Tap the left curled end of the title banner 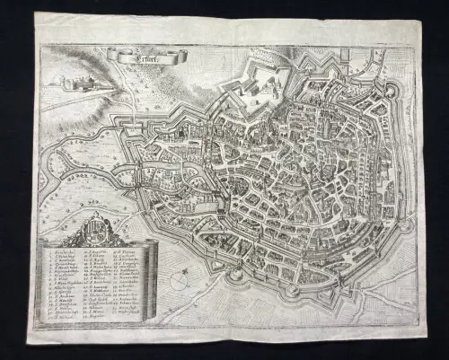[110, 57]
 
